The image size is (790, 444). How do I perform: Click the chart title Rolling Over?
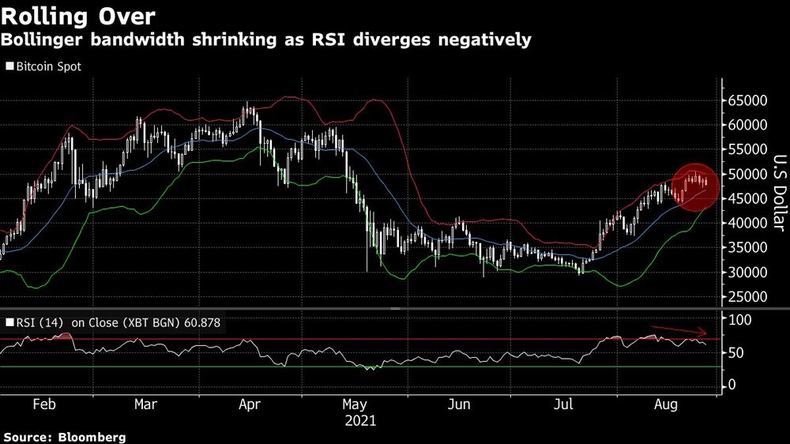(77, 15)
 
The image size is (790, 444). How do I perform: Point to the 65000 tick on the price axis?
(749, 100)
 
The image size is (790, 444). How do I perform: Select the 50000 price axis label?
(749, 174)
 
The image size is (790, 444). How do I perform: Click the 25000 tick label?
(749, 297)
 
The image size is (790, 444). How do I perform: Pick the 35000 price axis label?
(749, 248)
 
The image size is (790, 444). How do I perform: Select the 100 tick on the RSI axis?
(739, 320)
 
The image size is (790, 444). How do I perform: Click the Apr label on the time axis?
(250, 405)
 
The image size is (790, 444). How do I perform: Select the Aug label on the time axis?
(668, 405)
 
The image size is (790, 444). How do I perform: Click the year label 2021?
(360, 421)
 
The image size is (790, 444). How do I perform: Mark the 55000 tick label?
(749, 149)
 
